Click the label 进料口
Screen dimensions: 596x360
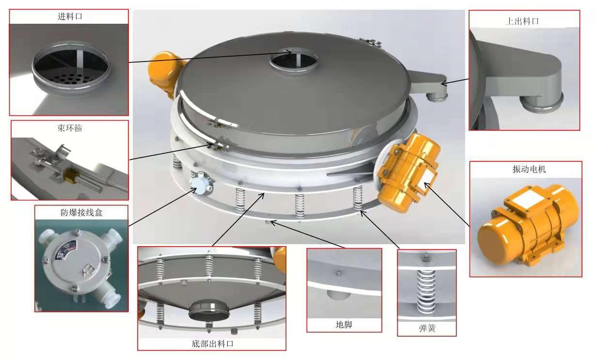(x=70, y=16)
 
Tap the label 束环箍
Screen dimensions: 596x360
(x=70, y=128)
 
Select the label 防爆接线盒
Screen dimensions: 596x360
(x=81, y=212)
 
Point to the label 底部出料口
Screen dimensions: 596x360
(x=212, y=344)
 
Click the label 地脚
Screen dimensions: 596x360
(x=344, y=325)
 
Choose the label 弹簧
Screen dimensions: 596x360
(x=427, y=329)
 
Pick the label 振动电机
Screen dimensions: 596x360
(x=529, y=169)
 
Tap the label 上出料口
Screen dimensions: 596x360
(x=522, y=21)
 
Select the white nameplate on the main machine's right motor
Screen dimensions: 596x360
(x=427, y=177)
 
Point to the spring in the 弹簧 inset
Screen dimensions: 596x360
(x=426, y=291)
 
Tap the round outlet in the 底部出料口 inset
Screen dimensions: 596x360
(x=209, y=311)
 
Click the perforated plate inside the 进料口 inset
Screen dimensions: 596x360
(x=71, y=78)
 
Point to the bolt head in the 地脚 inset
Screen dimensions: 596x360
(x=339, y=273)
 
